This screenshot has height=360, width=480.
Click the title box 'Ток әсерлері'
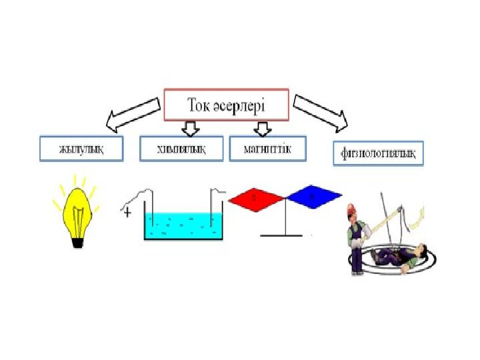point(227,105)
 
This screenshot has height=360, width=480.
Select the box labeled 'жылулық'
point(82,149)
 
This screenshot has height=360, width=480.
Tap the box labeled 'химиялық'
point(181,149)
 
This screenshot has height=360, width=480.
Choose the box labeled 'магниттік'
point(269,148)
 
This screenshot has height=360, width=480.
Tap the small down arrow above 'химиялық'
point(191,128)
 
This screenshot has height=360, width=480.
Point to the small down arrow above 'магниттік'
point(263,127)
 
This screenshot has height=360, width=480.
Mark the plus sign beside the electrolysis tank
point(127,213)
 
